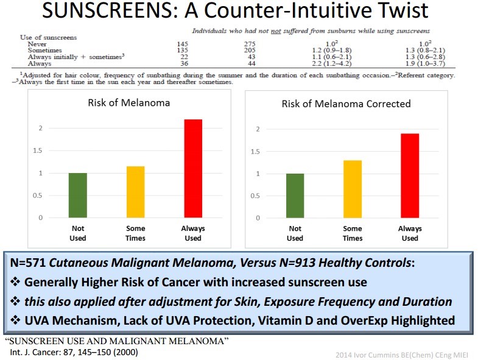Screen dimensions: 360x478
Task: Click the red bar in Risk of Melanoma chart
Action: pos(193,168)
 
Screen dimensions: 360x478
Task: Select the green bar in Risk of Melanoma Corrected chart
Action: pos(295,196)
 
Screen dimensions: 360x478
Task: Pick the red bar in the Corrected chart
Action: pos(410,175)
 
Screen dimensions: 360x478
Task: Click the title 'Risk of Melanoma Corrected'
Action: pos(346,104)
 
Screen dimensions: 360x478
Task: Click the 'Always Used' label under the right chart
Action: pos(410,233)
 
